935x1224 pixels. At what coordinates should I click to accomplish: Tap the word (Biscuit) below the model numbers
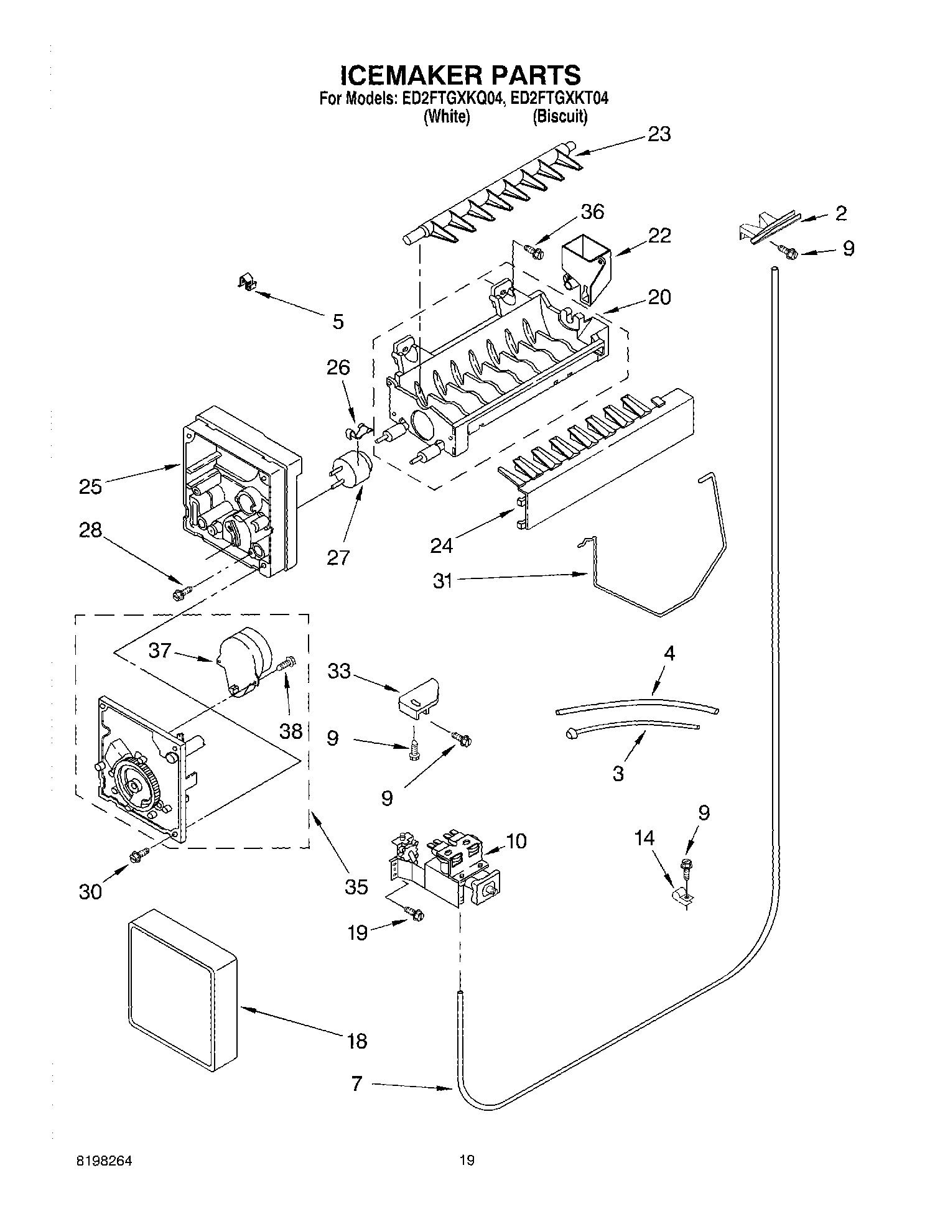pyautogui.click(x=559, y=116)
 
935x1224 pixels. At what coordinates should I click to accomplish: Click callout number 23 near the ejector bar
pyautogui.click(x=659, y=134)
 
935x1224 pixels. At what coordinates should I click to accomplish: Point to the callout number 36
pyautogui.click(x=592, y=211)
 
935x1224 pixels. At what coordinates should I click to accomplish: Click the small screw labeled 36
pyautogui.click(x=534, y=251)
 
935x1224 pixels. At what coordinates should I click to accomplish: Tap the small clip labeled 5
pyautogui.click(x=248, y=283)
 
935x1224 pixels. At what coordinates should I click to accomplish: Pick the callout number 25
pyautogui.click(x=90, y=486)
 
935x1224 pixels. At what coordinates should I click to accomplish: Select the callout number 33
pyautogui.click(x=339, y=671)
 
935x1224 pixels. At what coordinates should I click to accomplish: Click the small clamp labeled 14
pyautogui.click(x=682, y=896)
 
